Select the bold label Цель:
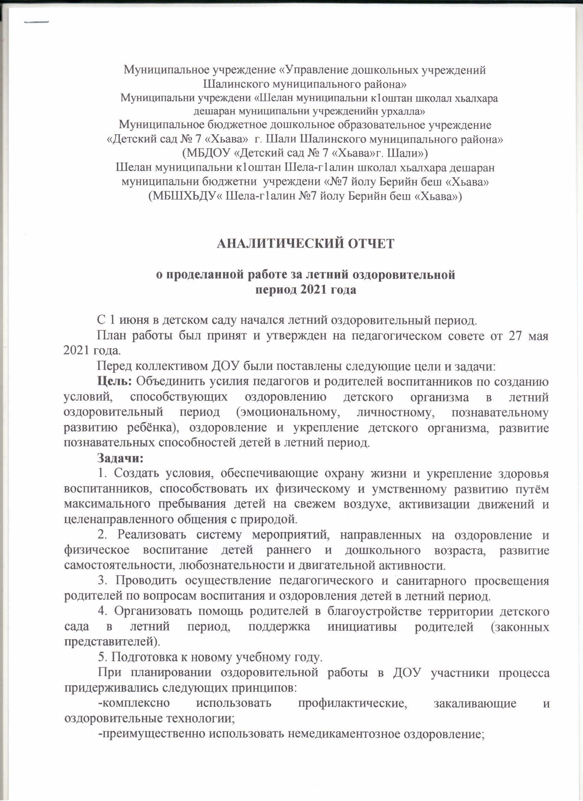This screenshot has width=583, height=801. click(x=115, y=381)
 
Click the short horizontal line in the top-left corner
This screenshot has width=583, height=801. click(x=36, y=23)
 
